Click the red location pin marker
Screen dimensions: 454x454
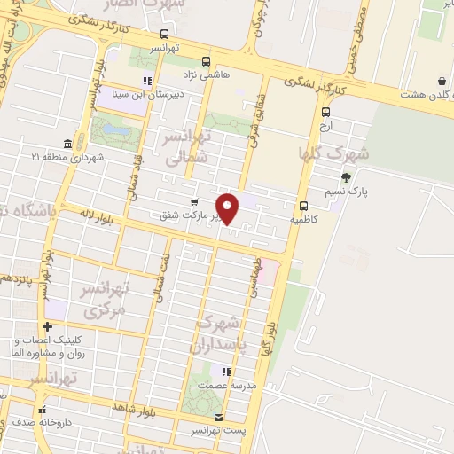tap(227, 207)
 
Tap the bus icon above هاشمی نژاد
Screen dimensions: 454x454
tap(207, 62)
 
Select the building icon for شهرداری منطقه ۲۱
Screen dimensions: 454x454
tap(68, 145)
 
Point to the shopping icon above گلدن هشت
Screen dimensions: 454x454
tap(442, 82)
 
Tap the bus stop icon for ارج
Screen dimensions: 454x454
tap(326, 112)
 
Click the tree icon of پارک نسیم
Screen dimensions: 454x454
tap(345, 178)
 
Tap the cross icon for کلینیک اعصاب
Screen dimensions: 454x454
tap(48, 327)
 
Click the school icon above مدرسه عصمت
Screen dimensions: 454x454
tap(226, 372)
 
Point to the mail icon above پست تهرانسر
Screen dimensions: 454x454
tap(218, 417)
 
